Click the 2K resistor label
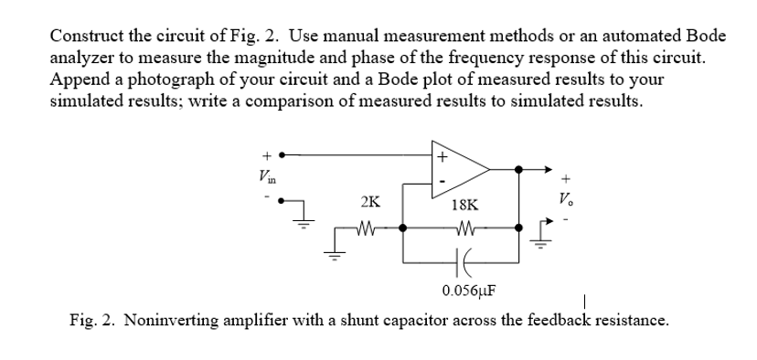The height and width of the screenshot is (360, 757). click(371, 204)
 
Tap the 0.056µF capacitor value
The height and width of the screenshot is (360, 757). click(469, 291)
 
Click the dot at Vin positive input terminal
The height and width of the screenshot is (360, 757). click(283, 154)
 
